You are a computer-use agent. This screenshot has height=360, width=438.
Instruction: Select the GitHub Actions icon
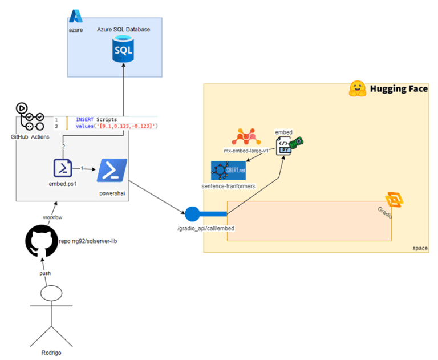tap(30, 117)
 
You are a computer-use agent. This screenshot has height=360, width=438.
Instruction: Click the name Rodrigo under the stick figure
tap(51, 353)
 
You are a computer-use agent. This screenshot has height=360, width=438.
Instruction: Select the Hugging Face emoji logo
tap(357, 88)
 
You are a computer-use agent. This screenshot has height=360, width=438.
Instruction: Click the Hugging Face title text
tap(399, 89)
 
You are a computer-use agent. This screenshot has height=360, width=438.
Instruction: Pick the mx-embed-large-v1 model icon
tap(246, 137)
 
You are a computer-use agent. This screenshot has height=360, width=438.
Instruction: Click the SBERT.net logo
tap(228, 171)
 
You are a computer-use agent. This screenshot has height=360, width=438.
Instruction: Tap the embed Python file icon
tap(285, 147)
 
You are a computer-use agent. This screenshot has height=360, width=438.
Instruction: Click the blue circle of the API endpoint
tap(192, 215)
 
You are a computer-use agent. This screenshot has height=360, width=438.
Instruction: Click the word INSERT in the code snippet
tap(84, 119)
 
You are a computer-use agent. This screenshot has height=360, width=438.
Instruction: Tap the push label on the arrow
tap(45, 273)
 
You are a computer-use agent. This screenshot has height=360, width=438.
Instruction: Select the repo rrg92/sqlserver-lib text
tap(88, 241)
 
